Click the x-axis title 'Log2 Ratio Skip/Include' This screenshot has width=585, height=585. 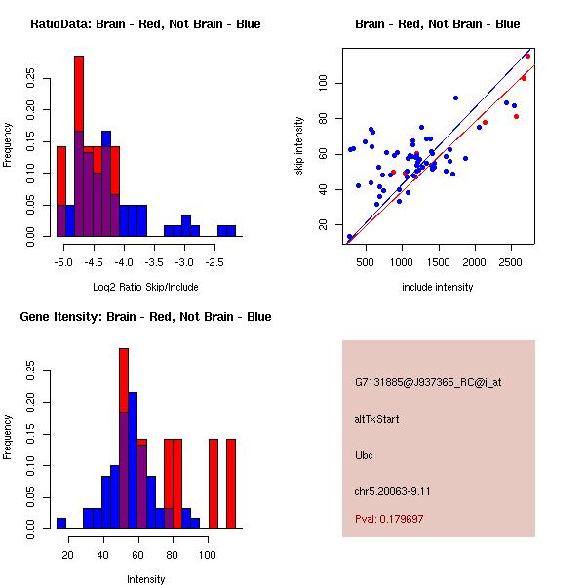(145, 287)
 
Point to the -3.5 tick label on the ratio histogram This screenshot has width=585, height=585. (153, 263)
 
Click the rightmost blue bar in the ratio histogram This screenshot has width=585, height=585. (230, 231)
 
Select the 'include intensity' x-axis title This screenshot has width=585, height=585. (437, 287)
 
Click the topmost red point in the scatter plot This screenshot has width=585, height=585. (527, 56)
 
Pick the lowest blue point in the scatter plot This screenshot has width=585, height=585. (350, 237)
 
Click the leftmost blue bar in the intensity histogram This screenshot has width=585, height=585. (61, 523)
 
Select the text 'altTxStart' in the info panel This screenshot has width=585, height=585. (377, 419)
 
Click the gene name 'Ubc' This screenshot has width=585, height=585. (365, 455)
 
